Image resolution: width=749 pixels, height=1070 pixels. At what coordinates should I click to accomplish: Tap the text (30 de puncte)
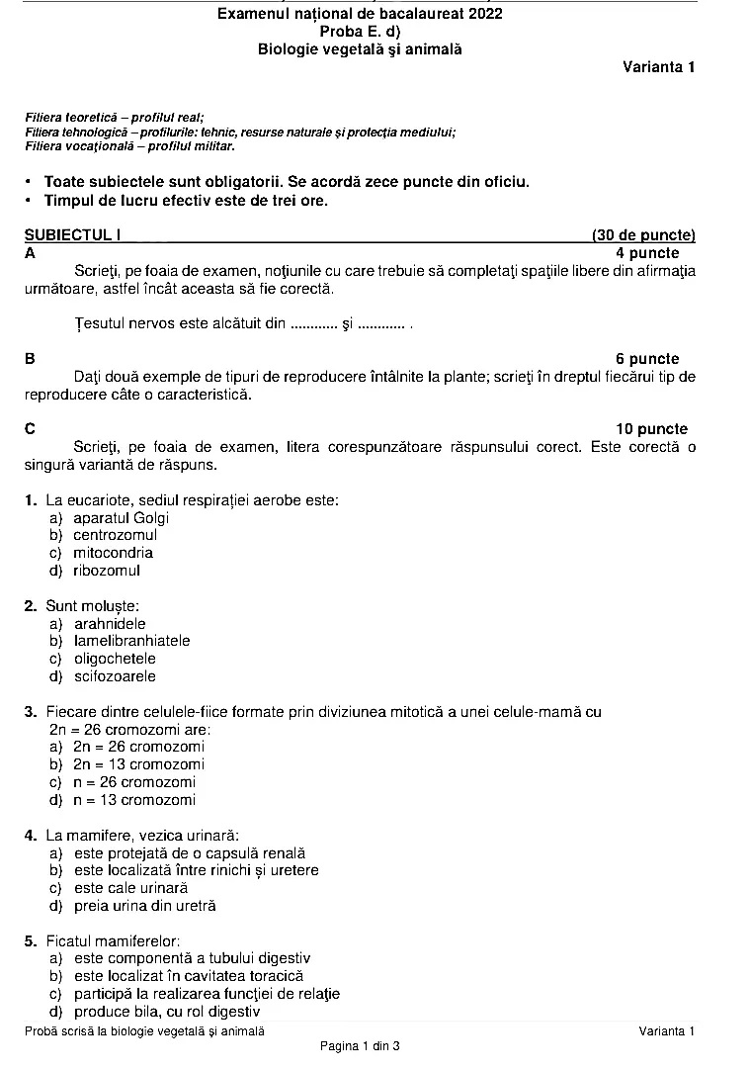click(642, 235)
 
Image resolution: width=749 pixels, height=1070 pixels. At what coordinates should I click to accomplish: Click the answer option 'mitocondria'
click(113, 553)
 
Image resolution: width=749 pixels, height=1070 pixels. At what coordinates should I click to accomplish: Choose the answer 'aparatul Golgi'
click(121, 517)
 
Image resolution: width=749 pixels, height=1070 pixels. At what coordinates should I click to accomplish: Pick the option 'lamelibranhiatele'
click(131, 641)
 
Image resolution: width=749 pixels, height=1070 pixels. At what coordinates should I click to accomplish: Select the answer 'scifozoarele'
click(115, 676)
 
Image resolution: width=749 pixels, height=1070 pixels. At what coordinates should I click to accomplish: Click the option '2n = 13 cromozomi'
click(138, 764)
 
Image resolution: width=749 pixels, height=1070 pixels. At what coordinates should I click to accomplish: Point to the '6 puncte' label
click(647, 359)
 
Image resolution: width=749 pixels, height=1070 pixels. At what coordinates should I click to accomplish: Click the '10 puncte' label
click(651, 429)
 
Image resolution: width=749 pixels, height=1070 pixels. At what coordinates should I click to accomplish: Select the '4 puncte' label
click(647, 253)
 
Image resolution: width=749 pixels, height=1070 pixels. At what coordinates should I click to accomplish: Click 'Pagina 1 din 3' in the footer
click(360, 1045)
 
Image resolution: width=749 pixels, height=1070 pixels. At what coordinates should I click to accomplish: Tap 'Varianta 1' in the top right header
click(659, 67)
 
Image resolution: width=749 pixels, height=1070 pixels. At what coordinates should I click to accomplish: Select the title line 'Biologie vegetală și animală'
click(360, 48)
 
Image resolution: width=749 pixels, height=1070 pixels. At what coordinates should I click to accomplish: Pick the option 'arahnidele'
click(110, 623)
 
